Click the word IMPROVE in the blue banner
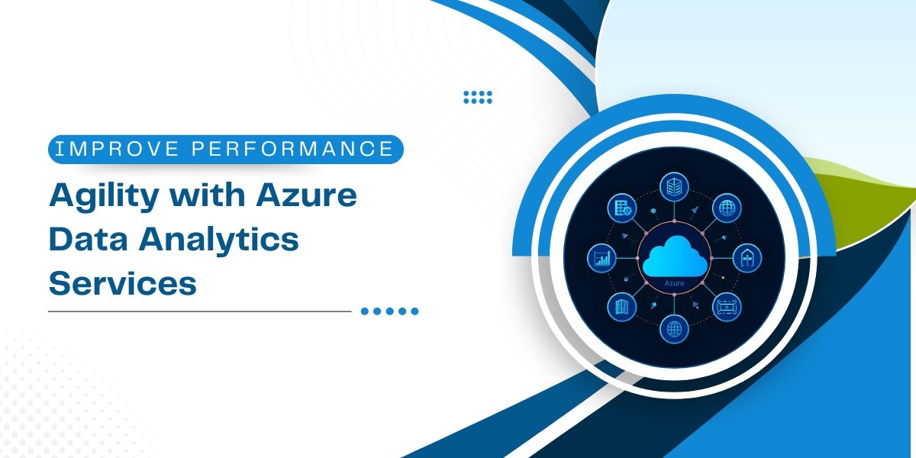click(x=117, y=149)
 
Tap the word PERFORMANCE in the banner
click(x=293, y=149)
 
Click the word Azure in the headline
click(x=306, y=195)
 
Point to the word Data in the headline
click(x=89, y=239)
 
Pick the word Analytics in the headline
click(x=219, y=240)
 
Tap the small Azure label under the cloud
click(x=674, y=283)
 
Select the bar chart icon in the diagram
click(x=602, y=259)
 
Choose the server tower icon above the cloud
click(x=674, y=187)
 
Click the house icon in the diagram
click(x=747, y=259)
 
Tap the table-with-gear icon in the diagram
click(x=622, y=208)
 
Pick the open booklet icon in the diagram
click(x=622, y=307)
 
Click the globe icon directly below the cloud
click(x=674, y=328)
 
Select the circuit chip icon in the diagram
click(x=727, y=307)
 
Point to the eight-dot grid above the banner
click(x=478, y=98)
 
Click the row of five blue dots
click(x=390, y=311)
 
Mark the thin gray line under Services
click(x=200, y=311)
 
